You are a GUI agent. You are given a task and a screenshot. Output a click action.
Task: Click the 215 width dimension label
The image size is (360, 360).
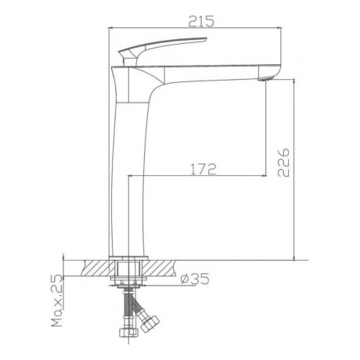pos(201,21)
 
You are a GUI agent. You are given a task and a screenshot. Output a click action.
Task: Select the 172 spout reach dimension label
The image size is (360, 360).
pos(203,169)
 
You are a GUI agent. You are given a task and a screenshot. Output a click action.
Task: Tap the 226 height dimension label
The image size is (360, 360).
pos(283,163)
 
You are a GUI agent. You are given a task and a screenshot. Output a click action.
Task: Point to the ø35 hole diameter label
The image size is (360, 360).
pos(195,279)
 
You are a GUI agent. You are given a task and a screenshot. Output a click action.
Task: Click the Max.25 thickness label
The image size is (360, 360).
pos(57,301)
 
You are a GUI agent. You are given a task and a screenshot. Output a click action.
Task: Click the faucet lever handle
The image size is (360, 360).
pos(163,45)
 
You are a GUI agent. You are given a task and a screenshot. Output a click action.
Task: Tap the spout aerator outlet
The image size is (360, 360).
pos(265,78)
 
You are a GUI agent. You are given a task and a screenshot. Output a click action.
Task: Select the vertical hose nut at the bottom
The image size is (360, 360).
pos(128,332)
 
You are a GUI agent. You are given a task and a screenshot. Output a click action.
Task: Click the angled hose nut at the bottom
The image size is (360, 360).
pos(149,324)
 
